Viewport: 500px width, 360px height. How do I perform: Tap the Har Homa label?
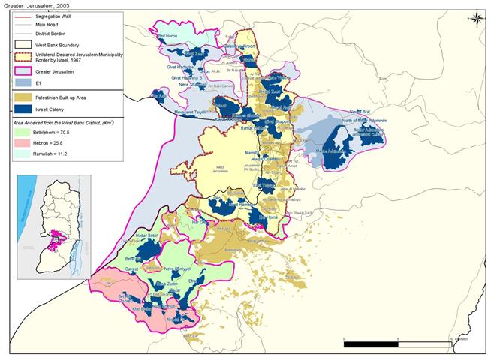[x=267, y=218]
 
